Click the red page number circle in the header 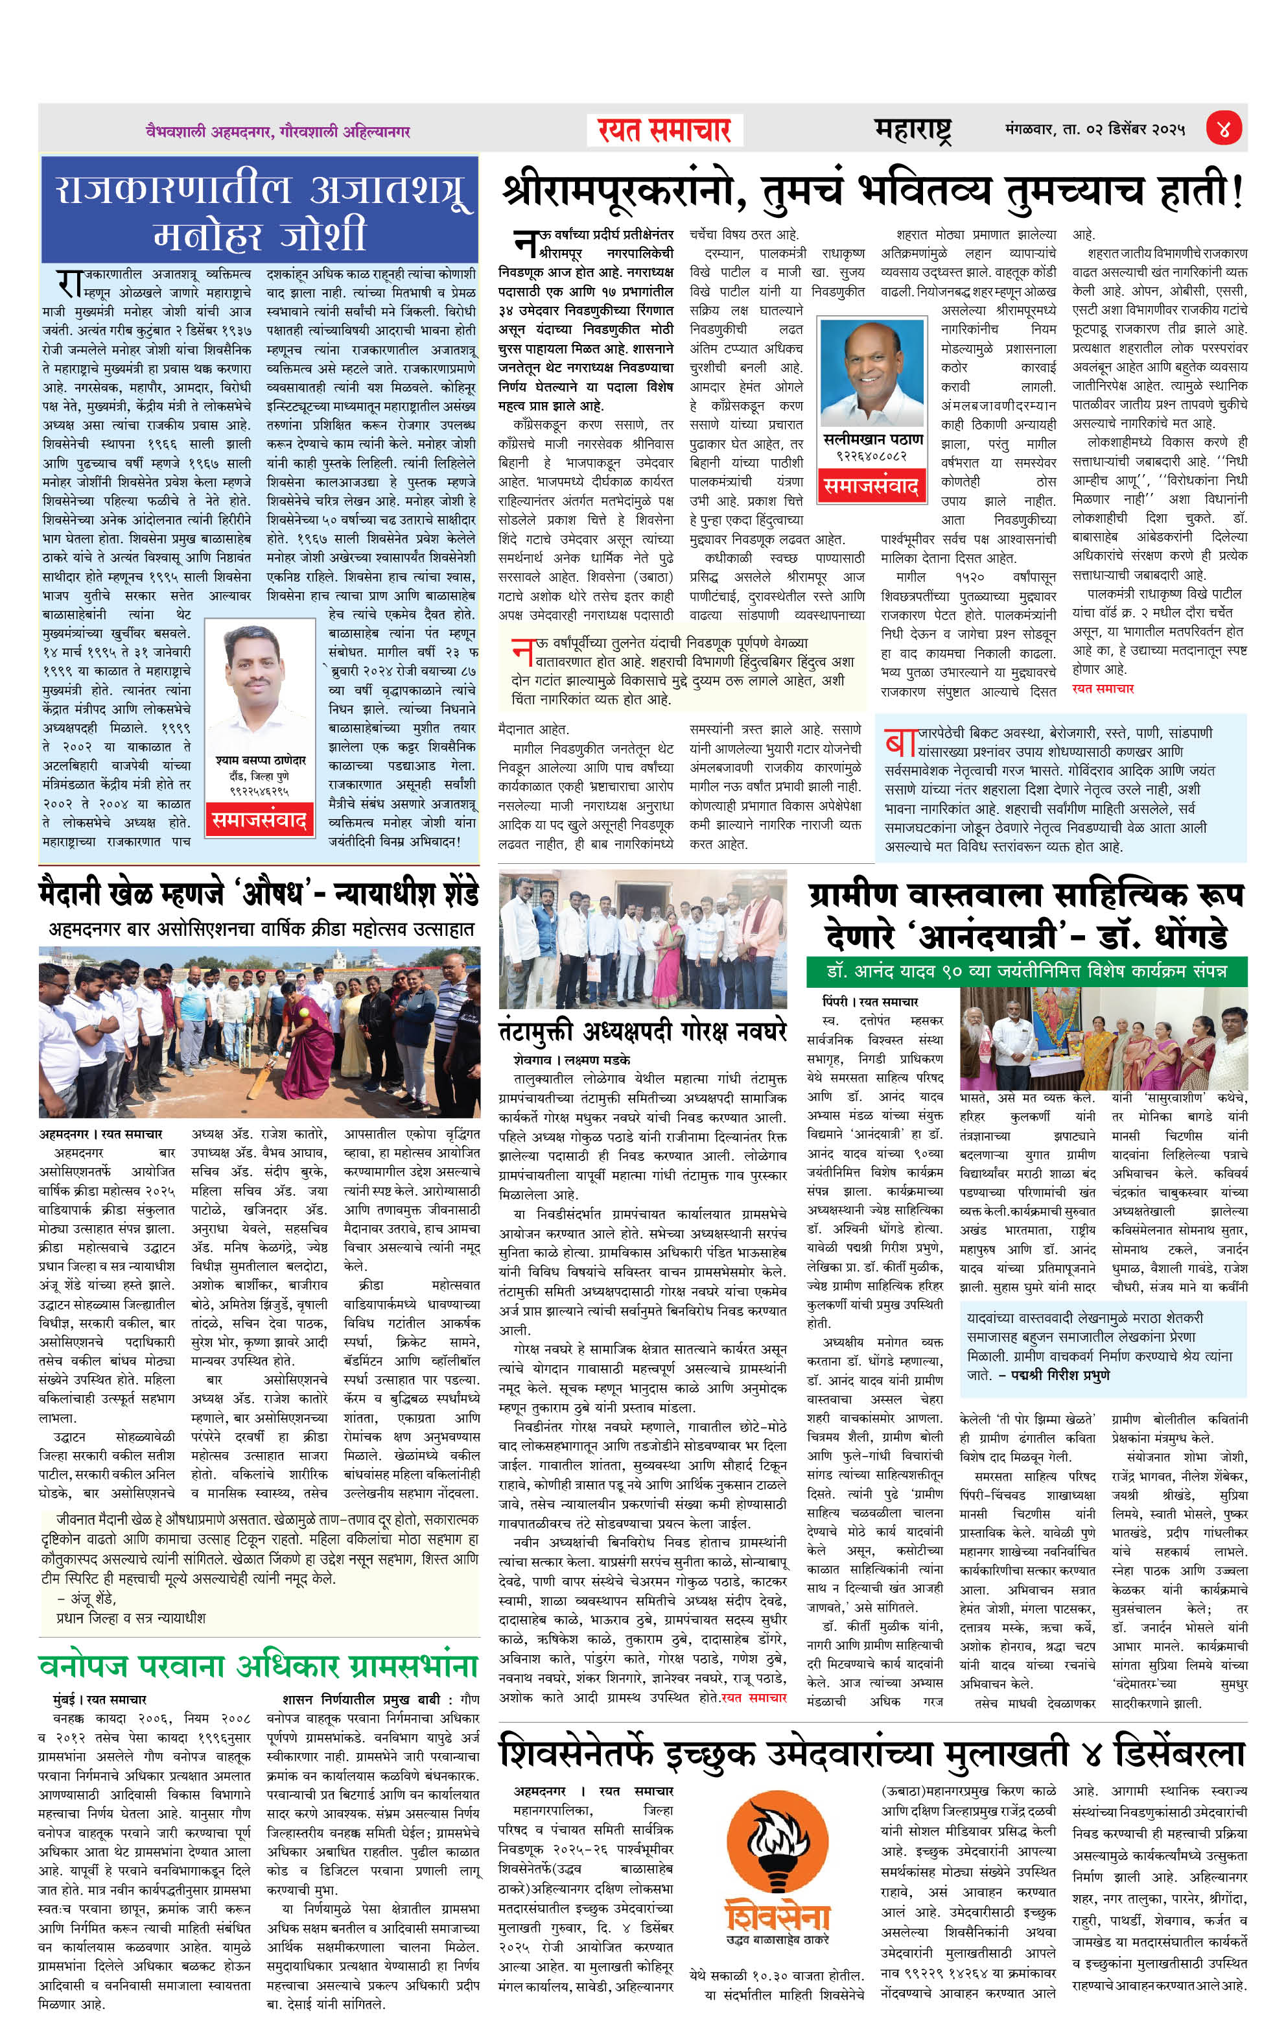coord(1222,129)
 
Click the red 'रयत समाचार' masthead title coord(664,130)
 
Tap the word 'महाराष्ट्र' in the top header coord(913,130)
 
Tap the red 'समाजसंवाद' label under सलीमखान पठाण coord(871,486)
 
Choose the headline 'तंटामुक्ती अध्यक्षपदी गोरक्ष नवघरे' coord(642,1031)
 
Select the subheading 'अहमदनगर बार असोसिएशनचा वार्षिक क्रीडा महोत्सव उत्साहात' coord(261,929)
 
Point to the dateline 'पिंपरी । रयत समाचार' coord(870,1001)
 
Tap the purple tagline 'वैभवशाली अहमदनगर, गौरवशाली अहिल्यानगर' coord(277,132)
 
